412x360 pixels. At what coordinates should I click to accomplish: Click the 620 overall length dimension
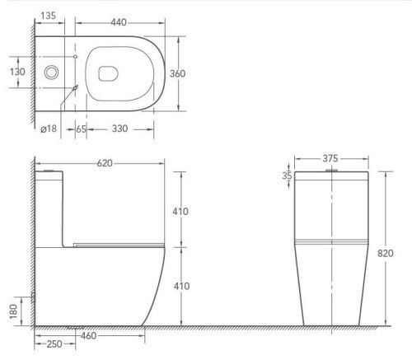click(103, 163)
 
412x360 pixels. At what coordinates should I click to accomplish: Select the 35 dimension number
click(287, 175)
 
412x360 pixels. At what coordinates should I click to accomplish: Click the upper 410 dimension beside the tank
click(180, 211)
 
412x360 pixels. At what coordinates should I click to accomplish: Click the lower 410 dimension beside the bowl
click(180, 286)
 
